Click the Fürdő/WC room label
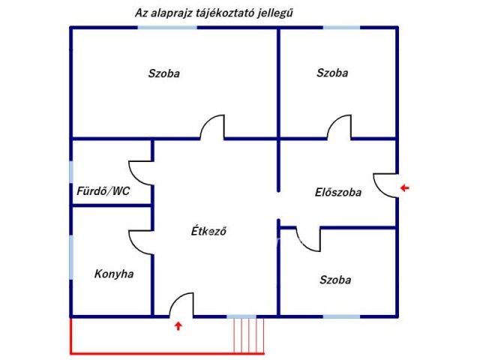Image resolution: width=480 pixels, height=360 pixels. [x=103, y=191]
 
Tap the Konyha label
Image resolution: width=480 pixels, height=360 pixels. [x=114, y=274]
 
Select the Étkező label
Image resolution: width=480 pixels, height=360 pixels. [x=208, y=231]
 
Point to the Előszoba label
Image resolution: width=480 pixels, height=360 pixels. [x=337, y=192]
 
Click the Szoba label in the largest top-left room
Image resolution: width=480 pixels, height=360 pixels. [x=163, y=73]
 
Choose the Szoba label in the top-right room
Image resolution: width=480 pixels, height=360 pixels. [x=332, y=73]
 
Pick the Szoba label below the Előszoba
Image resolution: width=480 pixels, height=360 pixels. [x=334, y=280]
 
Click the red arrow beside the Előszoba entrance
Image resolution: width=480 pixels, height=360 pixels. [x=405, y=187]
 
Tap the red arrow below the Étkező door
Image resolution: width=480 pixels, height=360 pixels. [x=178, y=325]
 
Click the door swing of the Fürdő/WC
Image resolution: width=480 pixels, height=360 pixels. [x=140, y=172]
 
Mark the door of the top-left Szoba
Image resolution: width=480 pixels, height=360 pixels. [x=213, y=127]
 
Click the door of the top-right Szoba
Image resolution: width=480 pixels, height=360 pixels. [x=340, y=127]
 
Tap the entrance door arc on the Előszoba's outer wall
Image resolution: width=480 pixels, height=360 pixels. [x=385, y=184]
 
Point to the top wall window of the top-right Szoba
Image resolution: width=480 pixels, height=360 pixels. [x=341, y=28]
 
